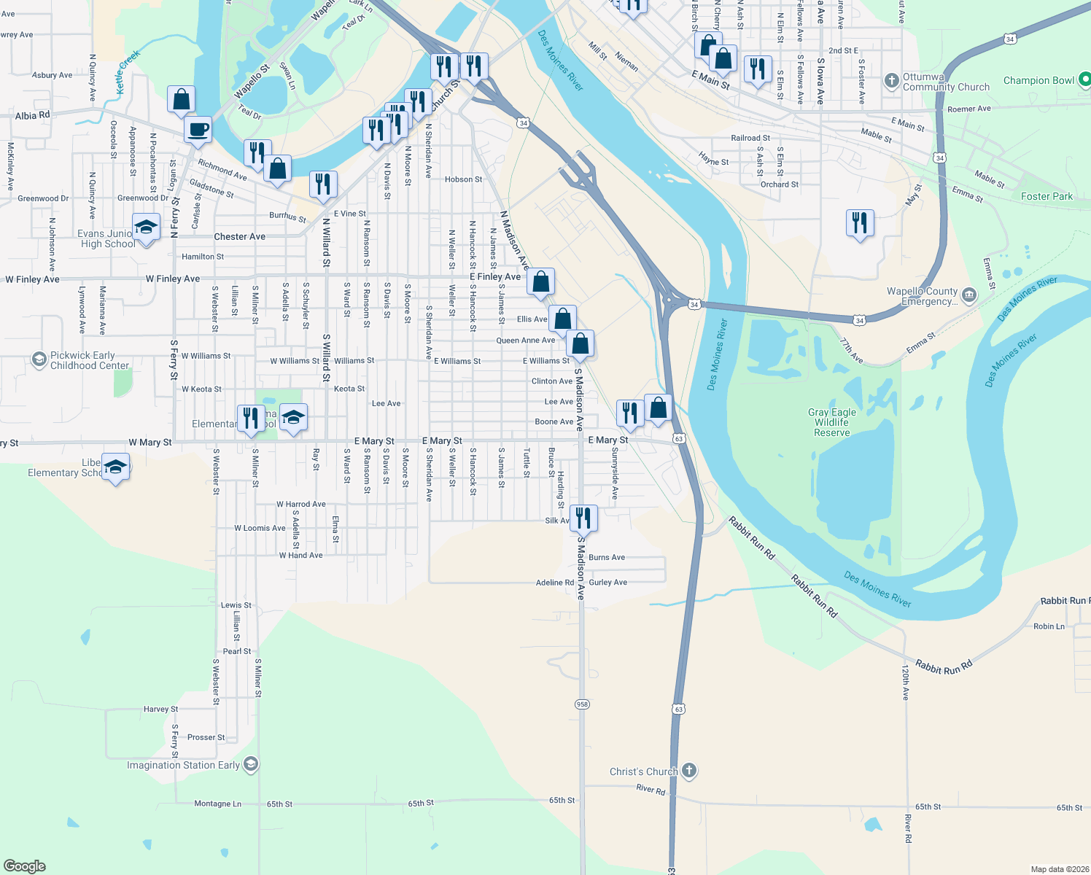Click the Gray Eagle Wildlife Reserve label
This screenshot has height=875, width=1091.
pyautogui.click(x=831, y=422)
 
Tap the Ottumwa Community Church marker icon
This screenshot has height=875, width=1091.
pyautogui.click(x=891, y=81)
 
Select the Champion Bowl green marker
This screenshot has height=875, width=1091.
pyautogui.click(x=1084, y=79)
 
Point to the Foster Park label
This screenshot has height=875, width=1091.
pyautogui.click(x=1047, y=196)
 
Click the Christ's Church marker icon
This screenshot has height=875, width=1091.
pyautogui.click(x=688, y=771)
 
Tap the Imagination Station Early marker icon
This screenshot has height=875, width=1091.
pyautogui.click(x=251, y=764)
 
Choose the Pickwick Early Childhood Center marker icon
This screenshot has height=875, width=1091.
pyautogui.click(x=39, y=359)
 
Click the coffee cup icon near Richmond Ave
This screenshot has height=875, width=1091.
pyautogui.click(x=198, y=131)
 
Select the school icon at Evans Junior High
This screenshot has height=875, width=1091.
pyautogui.click(x=146, y=227)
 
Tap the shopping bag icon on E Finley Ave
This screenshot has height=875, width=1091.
pyautogui.click(x=541, y=281)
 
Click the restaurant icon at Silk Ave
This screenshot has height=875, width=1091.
pyautogui.click(x=583, y=518)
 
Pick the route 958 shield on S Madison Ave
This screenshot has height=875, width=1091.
pyautogui.click(x=582, y=704)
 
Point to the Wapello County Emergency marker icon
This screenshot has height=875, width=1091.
pyautogui.click(x=969, y=295)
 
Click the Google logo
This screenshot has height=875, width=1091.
pyautogui.click(x=25, y=866)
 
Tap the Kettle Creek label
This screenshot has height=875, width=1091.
pyautogui.click(x=128, y=71)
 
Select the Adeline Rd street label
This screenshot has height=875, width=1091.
pyautogui.click(x=555, y=583)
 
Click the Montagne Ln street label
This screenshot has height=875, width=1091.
pyautogui.click(x=217, y=804)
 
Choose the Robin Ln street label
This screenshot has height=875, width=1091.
pyautogui.click(x=1049, y=626)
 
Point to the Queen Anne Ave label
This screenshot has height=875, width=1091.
pyautogui.click(x=525, y=341)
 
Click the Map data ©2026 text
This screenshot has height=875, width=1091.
pyautogui.click(x=1059, y=869)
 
